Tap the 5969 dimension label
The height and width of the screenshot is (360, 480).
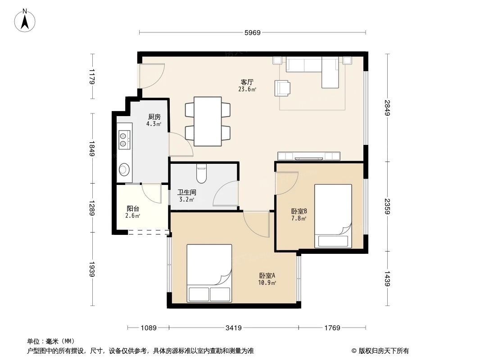252,32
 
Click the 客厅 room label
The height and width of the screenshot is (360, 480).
247,82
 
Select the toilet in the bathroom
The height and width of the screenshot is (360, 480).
201,174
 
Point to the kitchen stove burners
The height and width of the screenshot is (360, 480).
124,139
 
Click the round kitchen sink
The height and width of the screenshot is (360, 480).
124,169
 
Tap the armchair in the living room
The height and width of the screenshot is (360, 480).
282,88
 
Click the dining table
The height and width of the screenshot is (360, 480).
208,121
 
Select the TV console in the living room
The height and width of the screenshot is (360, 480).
308,156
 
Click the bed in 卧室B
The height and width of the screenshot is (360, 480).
333,216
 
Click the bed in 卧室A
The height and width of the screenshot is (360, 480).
209,273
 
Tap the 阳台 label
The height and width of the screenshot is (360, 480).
132,209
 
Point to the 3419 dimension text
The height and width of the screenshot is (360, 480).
232,328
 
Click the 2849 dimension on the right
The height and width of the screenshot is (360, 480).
387,108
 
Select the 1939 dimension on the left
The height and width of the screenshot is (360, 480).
92,270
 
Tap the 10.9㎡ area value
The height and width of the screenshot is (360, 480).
267,283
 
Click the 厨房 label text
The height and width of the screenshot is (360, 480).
154,117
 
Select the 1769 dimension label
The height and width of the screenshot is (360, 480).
332,328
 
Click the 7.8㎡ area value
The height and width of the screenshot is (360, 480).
299,219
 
